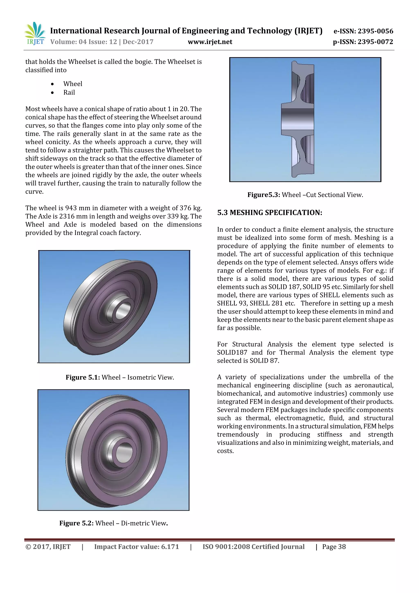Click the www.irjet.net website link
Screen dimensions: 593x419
pyautogui.click(x=210, y=42)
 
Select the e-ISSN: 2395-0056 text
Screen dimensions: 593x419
pyautogui.click(x=363, y=31)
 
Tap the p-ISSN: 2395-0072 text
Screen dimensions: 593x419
pyautogui.click(x=363, y=42)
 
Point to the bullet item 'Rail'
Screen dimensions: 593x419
pyautogui.click(x=69, y=93)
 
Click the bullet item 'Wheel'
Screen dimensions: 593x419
pyautogui.click(x=73, y=84)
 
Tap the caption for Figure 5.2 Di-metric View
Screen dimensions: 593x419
pyautogui.click(x=114, y=523)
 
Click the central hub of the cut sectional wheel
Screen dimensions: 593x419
pyautogui.click(x=297, y=119)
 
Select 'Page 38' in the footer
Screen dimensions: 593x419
pyautogui.click(x=334, y=547)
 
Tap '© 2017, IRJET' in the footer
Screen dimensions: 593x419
pyautogui.click(x=48, y=547)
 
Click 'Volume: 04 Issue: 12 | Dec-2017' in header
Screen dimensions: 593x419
pyautogui.click(x=102, y=42)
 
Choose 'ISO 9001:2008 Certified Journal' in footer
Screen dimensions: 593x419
pyautogui.click(x=253, y=547)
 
